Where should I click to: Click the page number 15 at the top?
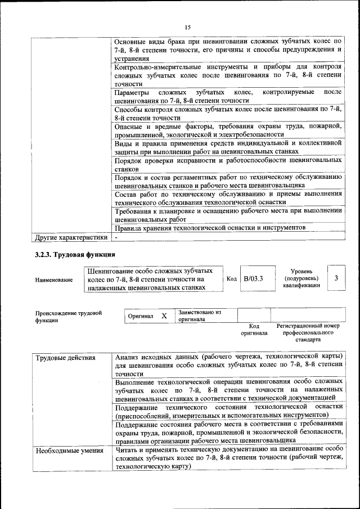[x=187, y=28]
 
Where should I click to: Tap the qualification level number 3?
[x=336, y=278]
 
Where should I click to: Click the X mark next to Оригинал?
[x=164, y=316]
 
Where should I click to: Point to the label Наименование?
[x=53, y=280]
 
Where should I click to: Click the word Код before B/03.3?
[x=231, y=278]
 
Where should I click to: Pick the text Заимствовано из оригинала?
[x=200, y=316]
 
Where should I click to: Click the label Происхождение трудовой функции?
[x=68, y=317]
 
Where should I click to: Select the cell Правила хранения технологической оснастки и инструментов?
[x=210, y=228]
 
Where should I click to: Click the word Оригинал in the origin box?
[x=141, y=317]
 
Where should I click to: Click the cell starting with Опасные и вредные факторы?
[x=228, y=130]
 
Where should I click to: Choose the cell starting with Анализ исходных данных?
[x=228, y=365]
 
